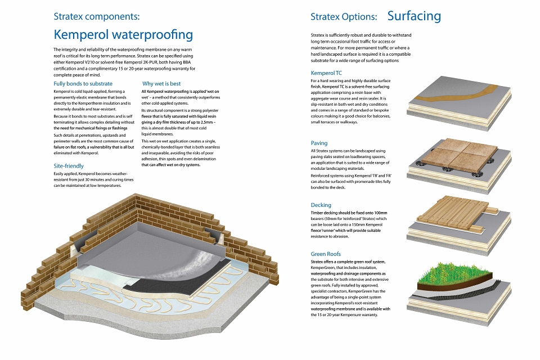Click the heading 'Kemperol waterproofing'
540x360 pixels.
tap(123, 35)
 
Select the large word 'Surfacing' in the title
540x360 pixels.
tap(414, 16)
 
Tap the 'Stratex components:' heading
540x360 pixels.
tap(97, 16)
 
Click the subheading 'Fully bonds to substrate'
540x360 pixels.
tap(83, 84)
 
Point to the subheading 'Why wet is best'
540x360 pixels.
tap(161, 84)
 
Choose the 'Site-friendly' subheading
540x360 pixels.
tap(69, 166)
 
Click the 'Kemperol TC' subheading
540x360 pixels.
tap(326, 73)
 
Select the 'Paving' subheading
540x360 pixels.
tap(319, 143)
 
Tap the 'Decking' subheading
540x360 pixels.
tap(321, 205)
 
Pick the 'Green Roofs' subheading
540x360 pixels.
tap(326, 254)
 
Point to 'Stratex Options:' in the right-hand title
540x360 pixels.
tap(344, 16)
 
